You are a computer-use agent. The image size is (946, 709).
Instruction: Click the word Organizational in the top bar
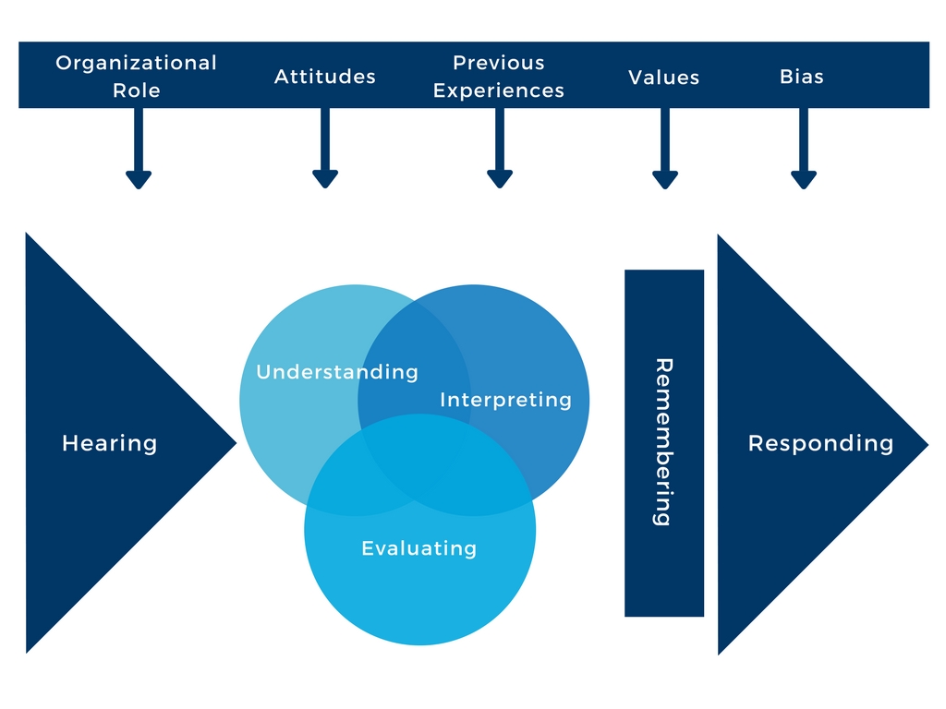point(136,64)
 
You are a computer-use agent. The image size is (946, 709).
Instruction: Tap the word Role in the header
point(137,90)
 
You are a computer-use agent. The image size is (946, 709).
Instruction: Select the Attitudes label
point(324,77)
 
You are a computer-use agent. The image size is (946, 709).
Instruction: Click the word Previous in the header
point(498,63)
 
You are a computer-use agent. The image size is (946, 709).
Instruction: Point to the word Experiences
point(498,91)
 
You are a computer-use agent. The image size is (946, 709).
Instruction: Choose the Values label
point(663,78)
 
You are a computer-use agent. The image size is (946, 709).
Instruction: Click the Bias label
point(801,77)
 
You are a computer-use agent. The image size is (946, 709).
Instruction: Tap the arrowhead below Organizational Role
point(139,180)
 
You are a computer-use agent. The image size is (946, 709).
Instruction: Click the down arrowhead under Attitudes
point(325,179)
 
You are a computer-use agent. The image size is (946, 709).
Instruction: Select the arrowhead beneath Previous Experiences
point(500,179)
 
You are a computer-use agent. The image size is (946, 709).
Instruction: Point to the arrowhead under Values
point(665,180)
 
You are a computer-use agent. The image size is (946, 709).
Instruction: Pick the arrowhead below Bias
point(804,180)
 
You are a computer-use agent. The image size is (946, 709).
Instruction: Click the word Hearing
point(109,444)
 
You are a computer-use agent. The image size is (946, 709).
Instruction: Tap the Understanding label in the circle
point(337,372)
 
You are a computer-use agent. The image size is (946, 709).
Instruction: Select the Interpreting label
point(505,400)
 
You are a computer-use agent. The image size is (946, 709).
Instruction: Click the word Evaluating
point(419,548)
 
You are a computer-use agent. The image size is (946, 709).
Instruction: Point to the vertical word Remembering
point(663,442)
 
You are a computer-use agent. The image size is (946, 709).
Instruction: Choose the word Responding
point(820,444)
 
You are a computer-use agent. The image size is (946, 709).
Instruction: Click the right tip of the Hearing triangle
point(236,443)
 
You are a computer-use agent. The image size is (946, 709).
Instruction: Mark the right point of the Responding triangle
point(928,444)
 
